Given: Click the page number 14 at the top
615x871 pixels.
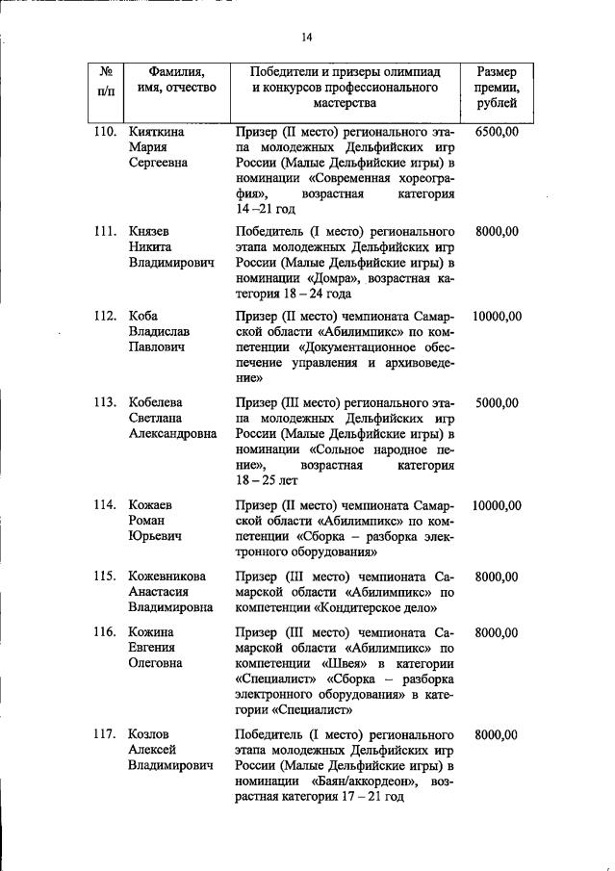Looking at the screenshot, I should click(307, 38).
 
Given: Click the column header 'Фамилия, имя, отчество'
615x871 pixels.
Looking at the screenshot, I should click(176, 80).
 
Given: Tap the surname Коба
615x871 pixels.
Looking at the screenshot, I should click(143, 317).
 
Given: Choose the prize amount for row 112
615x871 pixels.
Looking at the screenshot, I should click(497, 317).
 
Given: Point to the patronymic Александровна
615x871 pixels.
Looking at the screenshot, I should click(173, 433).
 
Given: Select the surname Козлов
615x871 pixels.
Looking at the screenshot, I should click(149, 734).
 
